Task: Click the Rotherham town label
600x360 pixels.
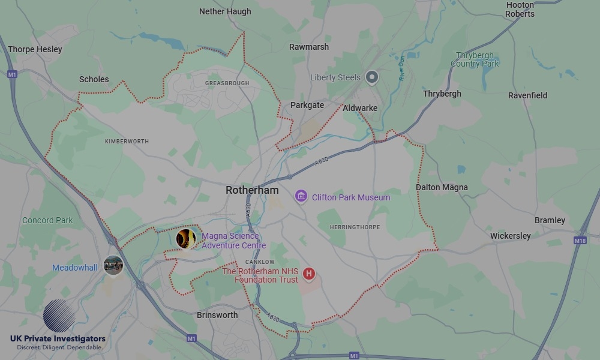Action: click(x=252, y=190)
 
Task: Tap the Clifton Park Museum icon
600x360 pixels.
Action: click(x=301, y=196)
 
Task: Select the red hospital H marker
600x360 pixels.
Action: click(x=309, y=274)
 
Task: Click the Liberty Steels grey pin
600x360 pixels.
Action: click(x=373, y=77)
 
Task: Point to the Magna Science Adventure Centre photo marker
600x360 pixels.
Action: click(x=186, y=239)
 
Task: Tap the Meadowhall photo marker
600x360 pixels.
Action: click(x=113, y=264)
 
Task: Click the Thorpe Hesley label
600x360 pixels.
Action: click(x=35, y=49)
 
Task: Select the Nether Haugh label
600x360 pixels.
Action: click(x=225, y=11)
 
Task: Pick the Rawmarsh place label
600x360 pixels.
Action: click(x=309, y=47)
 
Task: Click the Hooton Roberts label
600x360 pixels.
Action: click(x=520, y=9)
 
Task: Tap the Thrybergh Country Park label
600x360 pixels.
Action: click(x=475, y=59)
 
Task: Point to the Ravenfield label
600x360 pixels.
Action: click(x=527, y=95)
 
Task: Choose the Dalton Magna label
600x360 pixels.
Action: click(x=442, y=187)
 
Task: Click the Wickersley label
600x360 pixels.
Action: click(x=510, y=236)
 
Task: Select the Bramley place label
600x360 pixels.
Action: click(x=550, y=220)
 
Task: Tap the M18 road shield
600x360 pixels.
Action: click(x=580, y=241)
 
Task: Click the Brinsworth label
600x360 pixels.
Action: click(x=217, y=315)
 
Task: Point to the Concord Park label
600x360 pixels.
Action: click(x=47, y=220)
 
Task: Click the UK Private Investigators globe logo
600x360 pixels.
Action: click(x=59, y=316)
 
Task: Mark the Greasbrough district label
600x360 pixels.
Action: click(x=227, y=83)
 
